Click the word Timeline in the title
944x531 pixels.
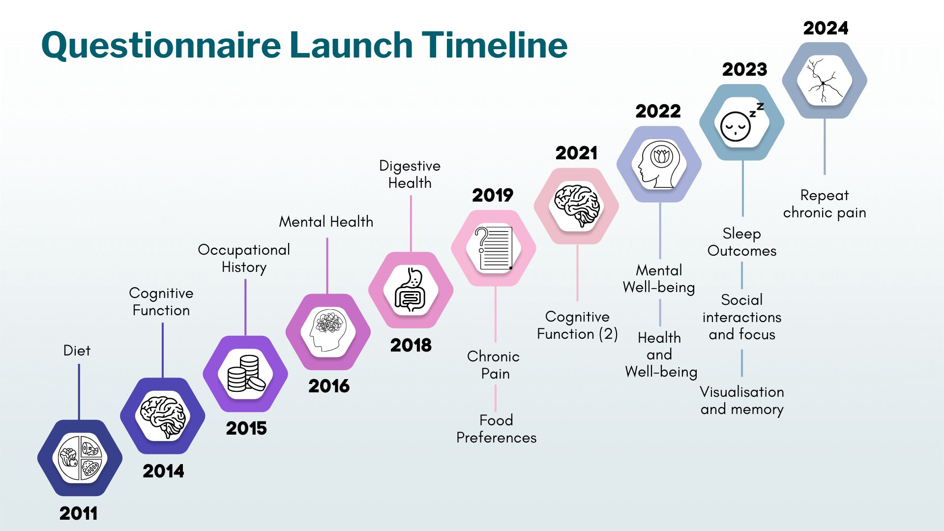(495, 45)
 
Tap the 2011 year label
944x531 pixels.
(79, 514)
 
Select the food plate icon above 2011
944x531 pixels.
(80, 458)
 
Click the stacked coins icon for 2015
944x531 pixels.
(246, 374)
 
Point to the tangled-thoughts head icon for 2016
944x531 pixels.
(328, 330)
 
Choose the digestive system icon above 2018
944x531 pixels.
(411, 291)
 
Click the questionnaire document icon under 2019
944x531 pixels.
(494, 248)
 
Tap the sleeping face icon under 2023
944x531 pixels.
(741, 122)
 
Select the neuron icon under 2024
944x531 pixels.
(825, 80)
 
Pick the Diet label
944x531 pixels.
(77, 351)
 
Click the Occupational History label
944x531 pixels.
(244, 259)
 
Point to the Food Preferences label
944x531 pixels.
(496, 429)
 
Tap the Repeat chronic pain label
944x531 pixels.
(825, 204)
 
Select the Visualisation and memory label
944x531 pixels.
(742, 401)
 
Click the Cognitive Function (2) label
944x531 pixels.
(577, 325)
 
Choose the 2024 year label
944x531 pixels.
(826, 29)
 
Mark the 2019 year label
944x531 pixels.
(493, 196)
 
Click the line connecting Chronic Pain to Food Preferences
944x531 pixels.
(496, 398)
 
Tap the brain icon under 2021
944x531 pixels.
(577, 206)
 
